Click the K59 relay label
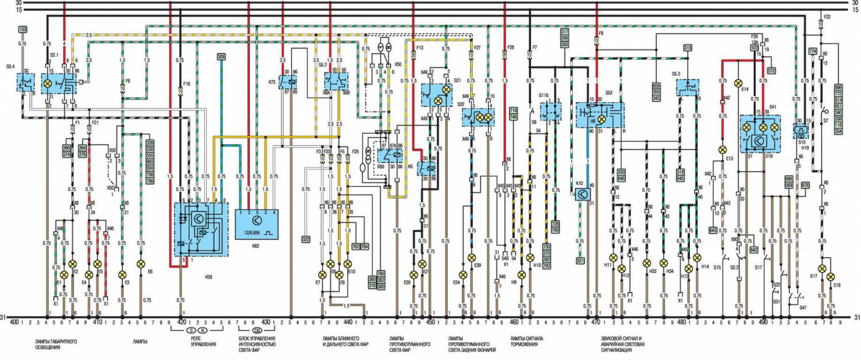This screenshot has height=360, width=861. click(208, 277)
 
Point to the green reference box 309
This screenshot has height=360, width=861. click(221, 57)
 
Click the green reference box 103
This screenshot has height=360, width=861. click(23, 29)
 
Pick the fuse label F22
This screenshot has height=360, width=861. click(827, 17)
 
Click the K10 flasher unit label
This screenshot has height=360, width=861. click(579, 184)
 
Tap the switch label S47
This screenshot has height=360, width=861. click(804, 308)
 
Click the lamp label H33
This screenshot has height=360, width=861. click(653, 271)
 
